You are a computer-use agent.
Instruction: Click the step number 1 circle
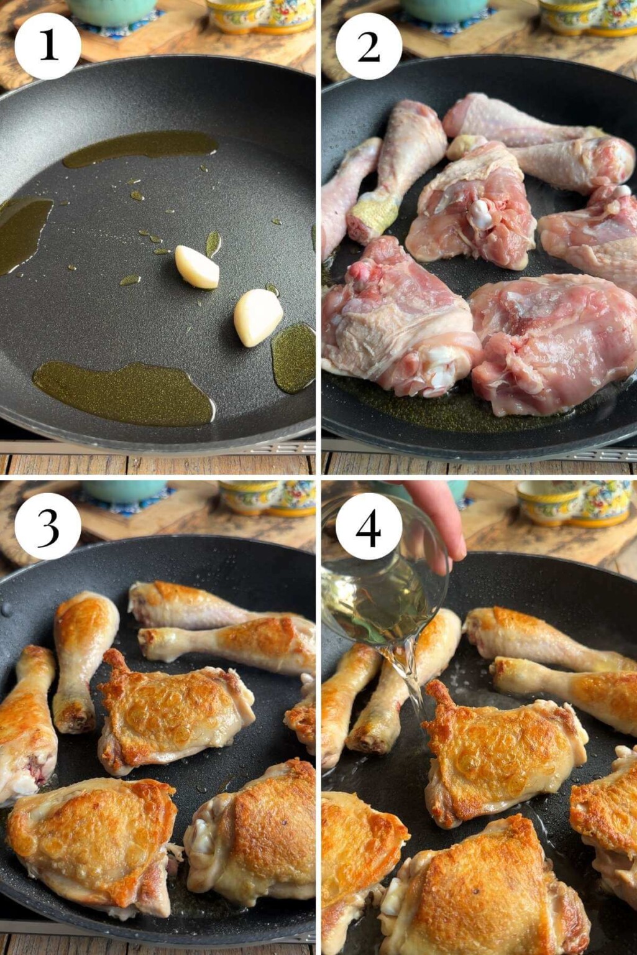pyautogui.click(x=48, y=46)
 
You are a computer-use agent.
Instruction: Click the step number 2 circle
pyautogui.click(x=369, y=46)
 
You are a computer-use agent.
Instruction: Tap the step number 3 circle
pyautogui.click(x=48, y=526)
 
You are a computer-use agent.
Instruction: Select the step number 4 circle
pyautogui.click(x=369, y=526)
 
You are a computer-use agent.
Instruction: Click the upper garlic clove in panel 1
pyautogui.click(x=197, y=267)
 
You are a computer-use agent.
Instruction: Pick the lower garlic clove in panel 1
pyautogui.click(x=257, y=317)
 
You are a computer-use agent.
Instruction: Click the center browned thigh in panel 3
pyautogui.click(x=174, y=709)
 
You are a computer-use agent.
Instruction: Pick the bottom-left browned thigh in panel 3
pyautogui.click(x=93, y=839)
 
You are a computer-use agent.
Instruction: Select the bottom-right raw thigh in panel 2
pyautogui.click(x=553, y=342)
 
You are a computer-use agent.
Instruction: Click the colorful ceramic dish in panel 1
pyautogui.click(x=261, y=16)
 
